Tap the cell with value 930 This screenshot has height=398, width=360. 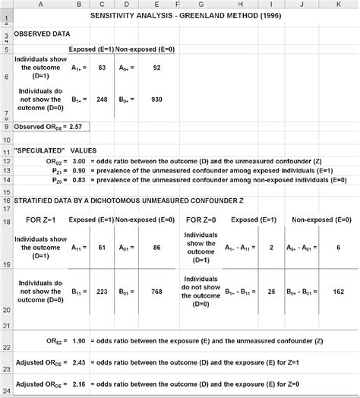point(156,98)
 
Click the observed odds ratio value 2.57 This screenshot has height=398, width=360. point(80,125)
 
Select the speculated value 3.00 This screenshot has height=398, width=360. point(80,162)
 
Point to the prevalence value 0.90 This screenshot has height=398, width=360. point(80,171)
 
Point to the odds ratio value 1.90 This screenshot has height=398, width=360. point(80,343)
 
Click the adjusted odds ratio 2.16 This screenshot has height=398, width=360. point(80,386)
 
